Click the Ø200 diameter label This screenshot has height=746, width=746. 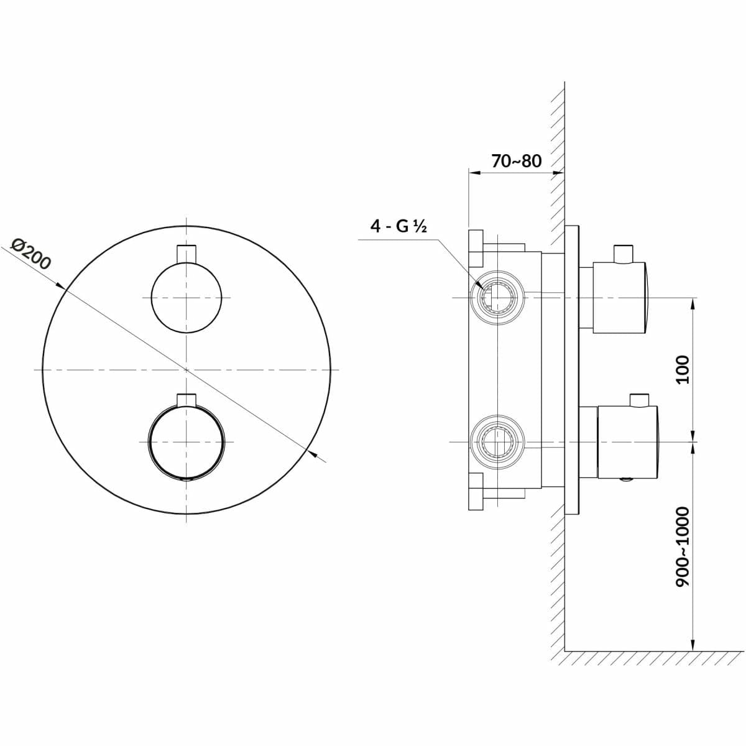tap(31, 254)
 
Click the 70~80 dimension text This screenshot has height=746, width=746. tap(516, 161)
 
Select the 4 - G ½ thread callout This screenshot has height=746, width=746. tap(398, 226)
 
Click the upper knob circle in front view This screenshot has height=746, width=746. tap(186, 297)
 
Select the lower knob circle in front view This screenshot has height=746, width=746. tap(186, 442)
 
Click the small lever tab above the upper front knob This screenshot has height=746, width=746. tap(186, 254)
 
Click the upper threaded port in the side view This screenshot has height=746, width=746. tap(497, 297)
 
